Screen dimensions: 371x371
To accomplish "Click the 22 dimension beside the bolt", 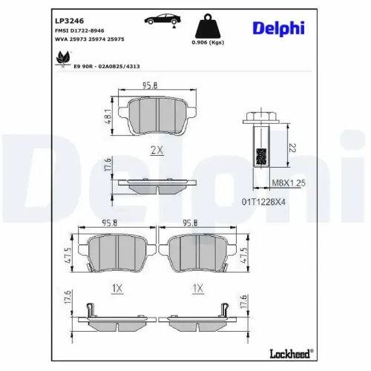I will coord(293,148).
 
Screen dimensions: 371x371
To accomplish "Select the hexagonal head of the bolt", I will coord(260,116).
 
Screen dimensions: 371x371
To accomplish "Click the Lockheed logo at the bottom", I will coord(286,352).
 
